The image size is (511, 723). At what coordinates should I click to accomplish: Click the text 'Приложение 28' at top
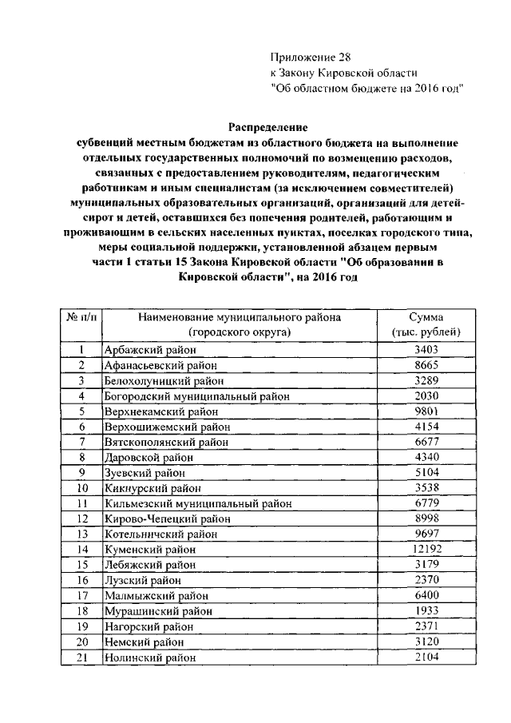(x=311, y=58)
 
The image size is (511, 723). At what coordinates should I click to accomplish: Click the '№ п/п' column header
(x=81, y=318)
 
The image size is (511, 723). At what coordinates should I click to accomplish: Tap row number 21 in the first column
(x=81, y=657)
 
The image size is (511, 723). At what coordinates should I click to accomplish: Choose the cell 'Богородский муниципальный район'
(x=196, y=396)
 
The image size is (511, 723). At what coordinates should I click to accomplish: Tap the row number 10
(x=81, y=488)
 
